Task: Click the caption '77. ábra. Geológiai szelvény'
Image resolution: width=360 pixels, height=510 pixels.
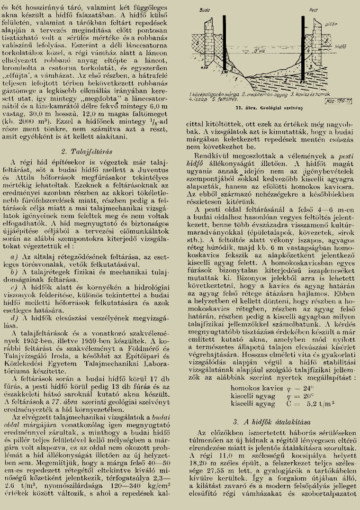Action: click(272, 108)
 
